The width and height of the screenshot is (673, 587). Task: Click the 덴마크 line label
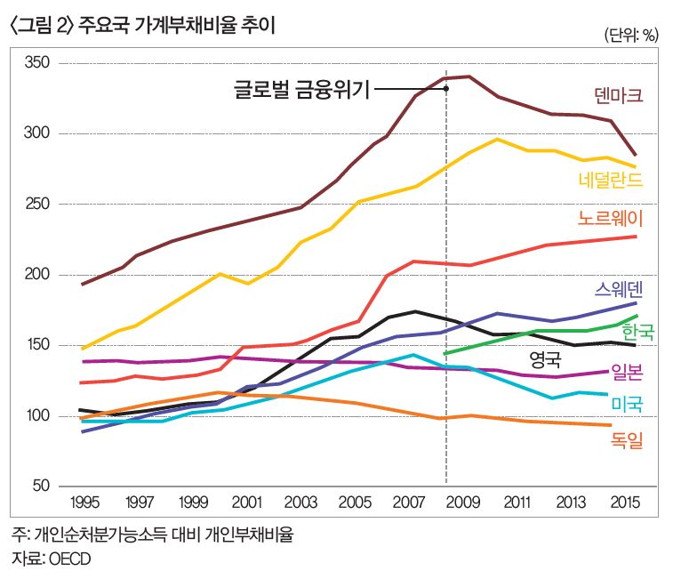click(x=618, y=95)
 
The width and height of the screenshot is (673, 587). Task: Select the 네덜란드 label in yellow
click(x=610, y=181)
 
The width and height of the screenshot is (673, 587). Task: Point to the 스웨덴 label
click(x=619, y=290)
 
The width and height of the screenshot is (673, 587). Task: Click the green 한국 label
click(x=637, y=333)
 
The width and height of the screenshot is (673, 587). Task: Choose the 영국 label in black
click(x=545, y=360)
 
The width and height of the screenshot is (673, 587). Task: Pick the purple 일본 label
click(x=628, y=373)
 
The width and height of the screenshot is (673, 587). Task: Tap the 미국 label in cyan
click(x=628, y=405)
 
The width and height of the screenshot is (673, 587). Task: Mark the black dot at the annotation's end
click(x=445, y=88)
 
